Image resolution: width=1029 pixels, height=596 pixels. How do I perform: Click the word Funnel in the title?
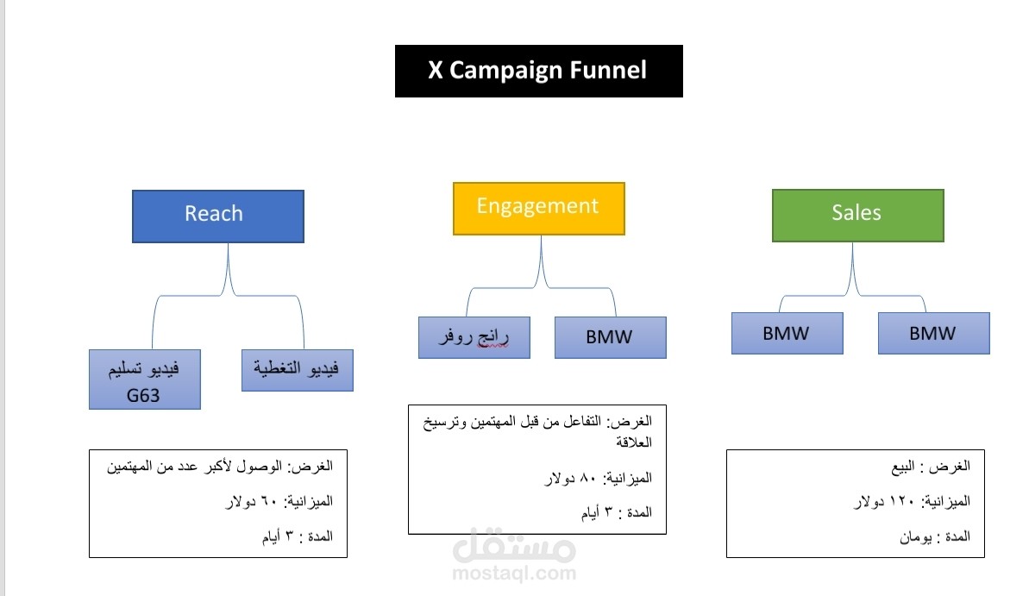tap(608, 70)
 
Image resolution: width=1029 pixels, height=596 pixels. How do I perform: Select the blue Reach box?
tap(218, 216)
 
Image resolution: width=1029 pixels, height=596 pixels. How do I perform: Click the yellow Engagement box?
tap(539, 209)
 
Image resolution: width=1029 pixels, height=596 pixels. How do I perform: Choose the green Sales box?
tap(857, 216)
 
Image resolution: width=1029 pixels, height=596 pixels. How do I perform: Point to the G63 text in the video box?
tap(143, 396)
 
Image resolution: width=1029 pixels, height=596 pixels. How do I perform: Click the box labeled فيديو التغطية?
tap(298, 370)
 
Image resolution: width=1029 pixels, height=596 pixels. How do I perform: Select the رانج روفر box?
tap(474, 337)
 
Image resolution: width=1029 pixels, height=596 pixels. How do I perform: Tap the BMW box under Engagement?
tap(611, 337)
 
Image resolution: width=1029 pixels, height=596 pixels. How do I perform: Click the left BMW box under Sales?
tap(787, 334)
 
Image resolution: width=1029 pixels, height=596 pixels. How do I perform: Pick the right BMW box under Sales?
tap(934, 334)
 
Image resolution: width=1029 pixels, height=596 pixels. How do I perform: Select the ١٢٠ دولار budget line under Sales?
tap(913, 501)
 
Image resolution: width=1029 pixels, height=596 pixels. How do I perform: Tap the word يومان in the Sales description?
tap(915, 537)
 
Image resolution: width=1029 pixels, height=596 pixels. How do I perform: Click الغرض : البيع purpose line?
tap(931, 467)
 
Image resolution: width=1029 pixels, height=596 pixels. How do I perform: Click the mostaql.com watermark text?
tap(514, 573)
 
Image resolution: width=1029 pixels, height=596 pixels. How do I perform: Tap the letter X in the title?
tap(435, 70)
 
